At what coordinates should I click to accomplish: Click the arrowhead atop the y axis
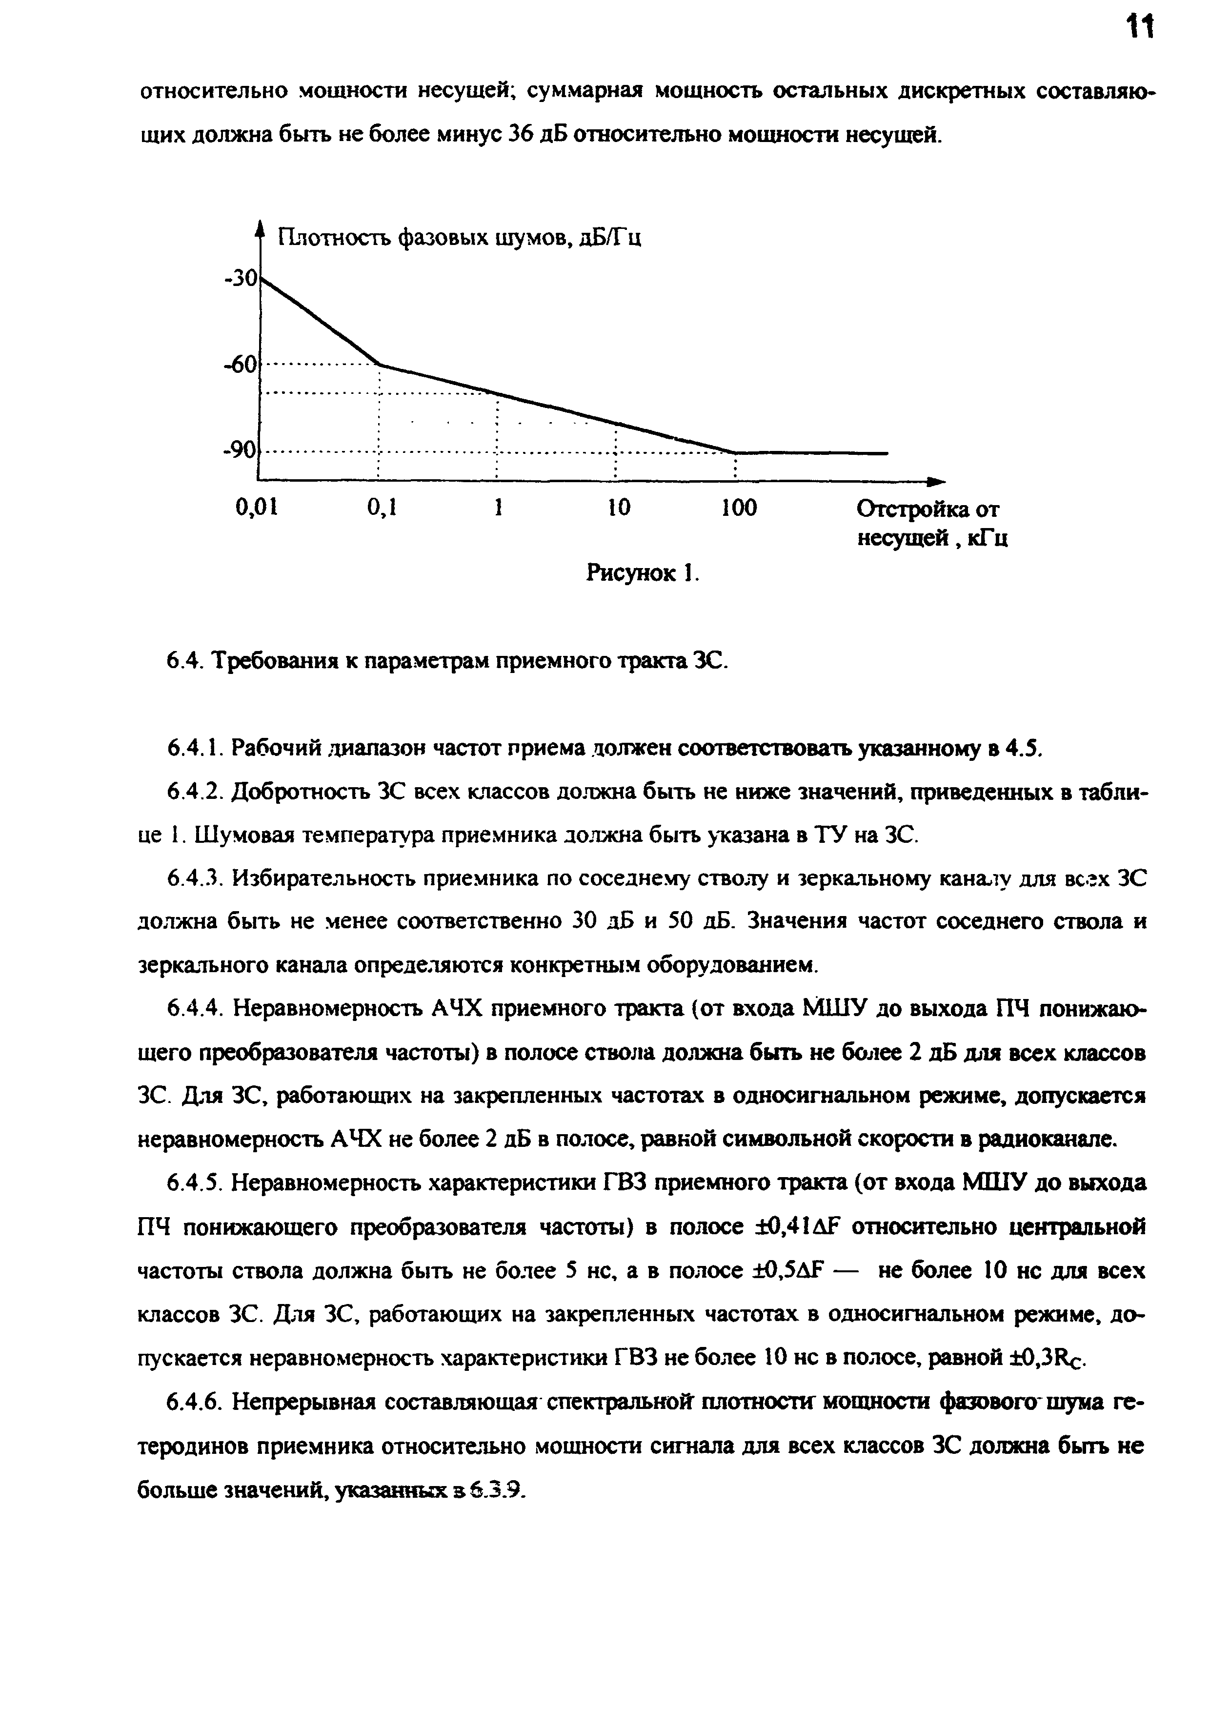coord(260,226)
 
